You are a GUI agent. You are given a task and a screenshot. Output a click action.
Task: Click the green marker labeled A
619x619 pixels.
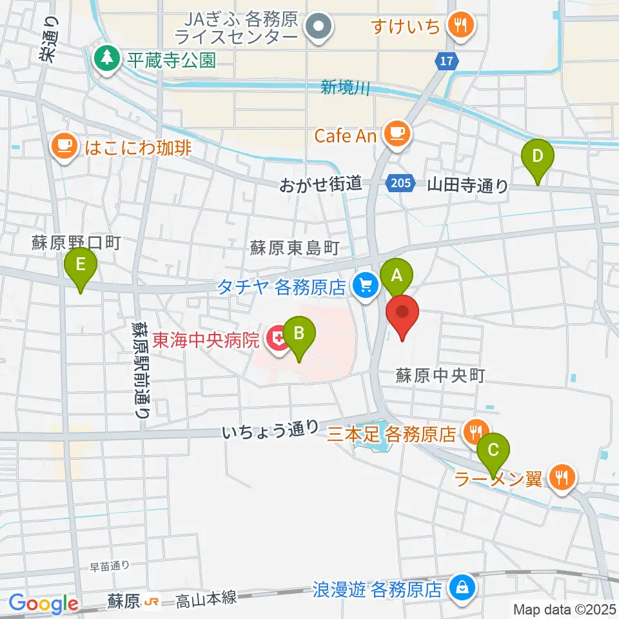pos(396,276)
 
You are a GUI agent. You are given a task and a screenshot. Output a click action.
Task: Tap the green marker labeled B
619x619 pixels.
pos(299,334)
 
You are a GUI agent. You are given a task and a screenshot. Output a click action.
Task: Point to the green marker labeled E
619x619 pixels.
pos(81,265)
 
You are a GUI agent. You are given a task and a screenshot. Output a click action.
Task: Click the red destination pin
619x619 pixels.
pos(403,313)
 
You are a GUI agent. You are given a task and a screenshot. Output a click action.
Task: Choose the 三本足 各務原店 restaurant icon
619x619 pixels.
pos(475,431)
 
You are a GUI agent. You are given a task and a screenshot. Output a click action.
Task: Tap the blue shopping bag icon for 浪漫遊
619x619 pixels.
pos(462,587)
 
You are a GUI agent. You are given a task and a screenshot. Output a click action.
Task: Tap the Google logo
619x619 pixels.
pos(43,603)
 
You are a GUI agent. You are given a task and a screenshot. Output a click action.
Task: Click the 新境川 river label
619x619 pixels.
pos(346,87)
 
